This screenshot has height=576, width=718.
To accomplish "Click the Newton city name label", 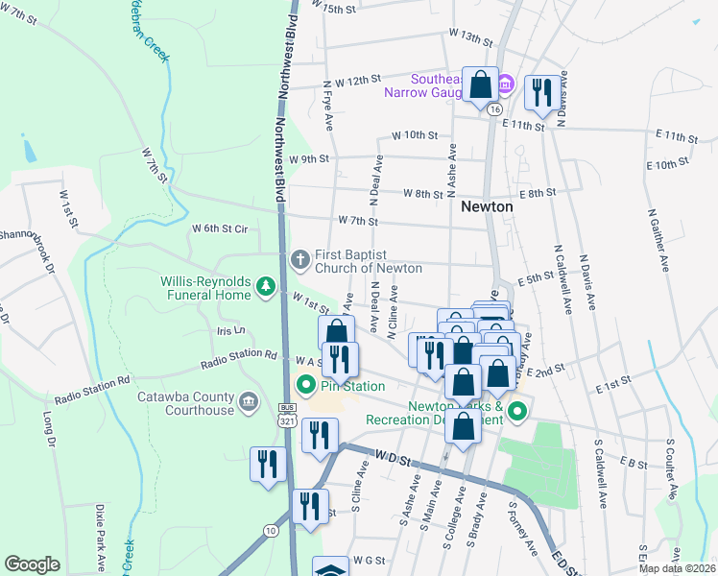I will pyautogui.click(x=486, y=206).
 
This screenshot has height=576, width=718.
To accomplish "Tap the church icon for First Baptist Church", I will pyautogui.click(x=299, y=258).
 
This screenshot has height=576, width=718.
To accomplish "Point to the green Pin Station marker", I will pyautogui.click(x=307, y=387).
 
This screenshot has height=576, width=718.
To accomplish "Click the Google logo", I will pyautogui.click(x=32, y=564).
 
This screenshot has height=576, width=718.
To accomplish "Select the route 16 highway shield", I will pyautogui.click(x=493, y=110).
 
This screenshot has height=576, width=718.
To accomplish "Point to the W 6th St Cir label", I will pyautogui.click(x=220, y=228).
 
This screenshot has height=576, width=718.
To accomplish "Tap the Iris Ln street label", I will pyautogui.click(x=231, y=330).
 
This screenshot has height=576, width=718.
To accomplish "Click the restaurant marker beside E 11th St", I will pyautogui.click(x=542, y=93).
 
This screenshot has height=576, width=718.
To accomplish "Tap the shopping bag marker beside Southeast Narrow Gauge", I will pyautogui.click(x=480, y=85).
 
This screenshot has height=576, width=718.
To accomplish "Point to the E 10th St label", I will pyautogui.click(x=668, y=164).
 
